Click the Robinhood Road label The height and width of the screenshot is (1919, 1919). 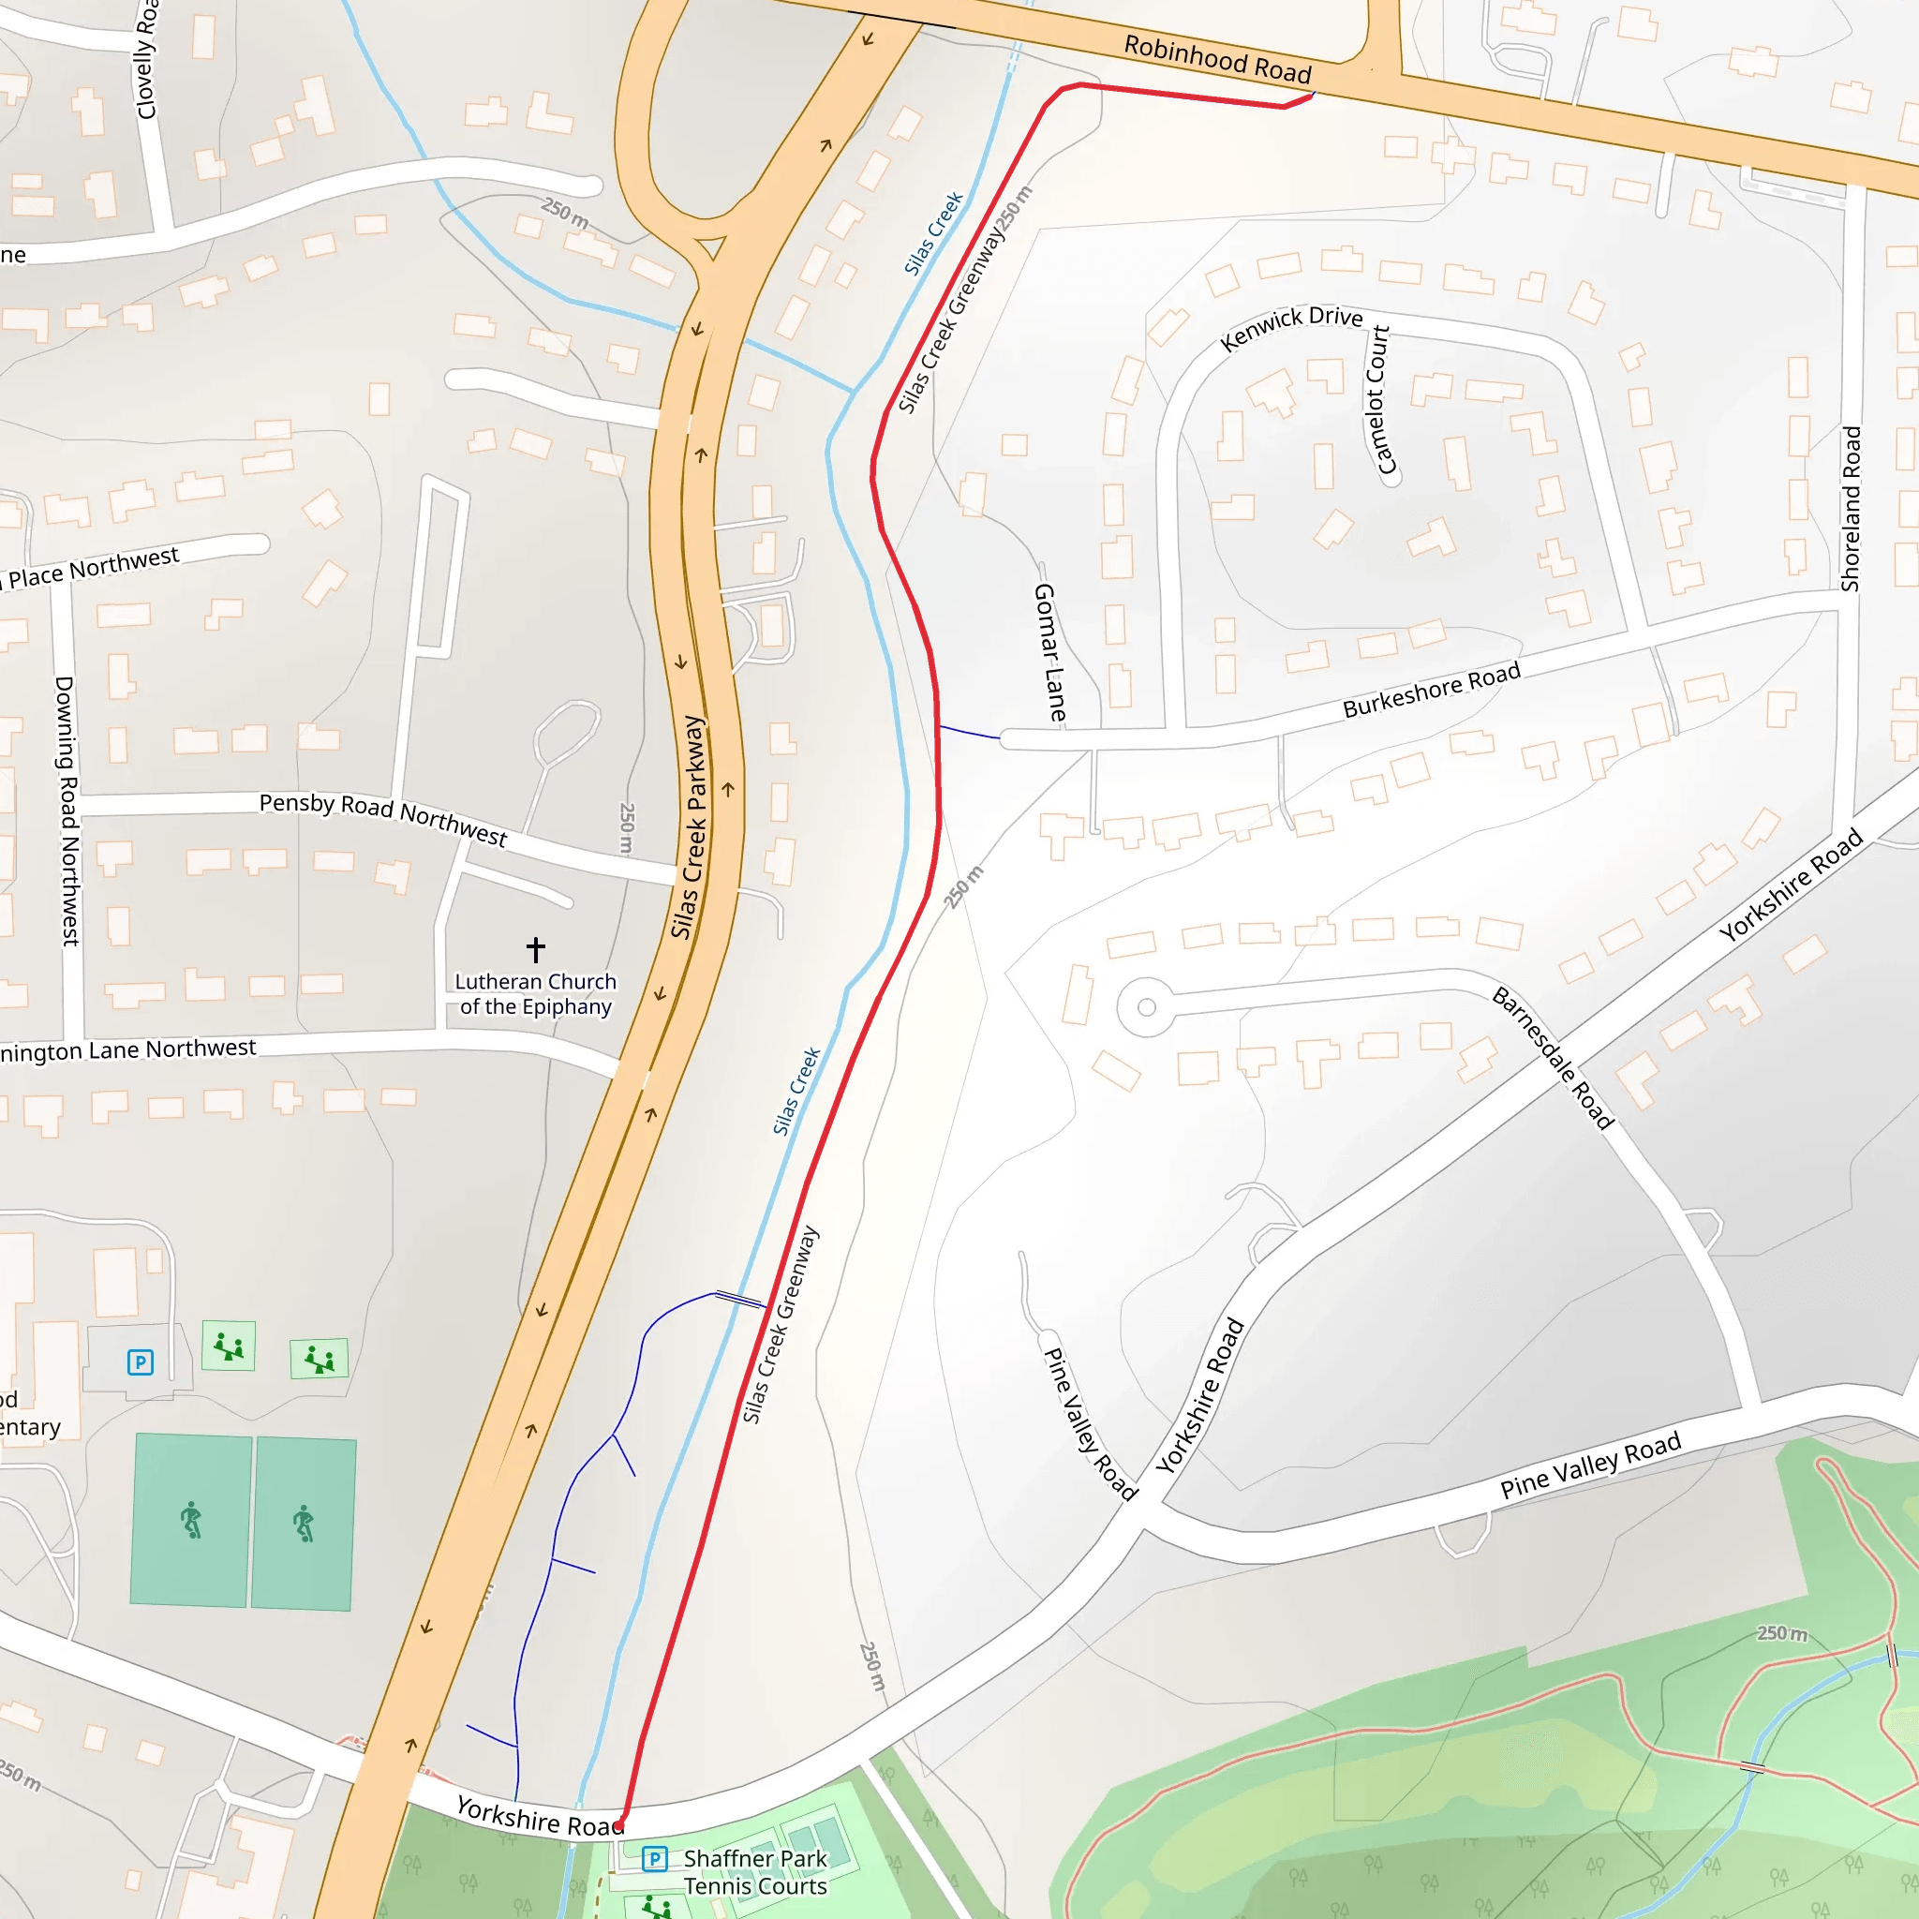tap(1217, 59)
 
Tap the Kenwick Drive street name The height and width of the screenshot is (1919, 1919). tap(1290, 327)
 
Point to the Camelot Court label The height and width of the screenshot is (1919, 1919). tap(1379, 399)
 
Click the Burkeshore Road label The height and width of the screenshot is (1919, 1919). tap(1432, 690)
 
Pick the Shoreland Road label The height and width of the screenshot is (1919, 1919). tap(1851, 509)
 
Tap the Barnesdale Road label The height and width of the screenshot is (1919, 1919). tap(1554, 1058)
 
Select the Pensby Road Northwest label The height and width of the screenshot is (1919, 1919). tap(383, 820)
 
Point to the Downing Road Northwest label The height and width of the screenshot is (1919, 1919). tap(67, 811)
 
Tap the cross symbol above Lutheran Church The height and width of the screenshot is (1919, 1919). tap(535, 948)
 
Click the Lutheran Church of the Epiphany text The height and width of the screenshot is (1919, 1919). tap(535, 993)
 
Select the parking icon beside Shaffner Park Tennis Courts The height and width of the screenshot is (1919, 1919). tap(655, 1858)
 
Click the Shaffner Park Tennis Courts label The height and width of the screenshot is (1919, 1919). tap(755, 1871)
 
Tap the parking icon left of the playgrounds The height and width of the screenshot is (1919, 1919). tap(140, 1361)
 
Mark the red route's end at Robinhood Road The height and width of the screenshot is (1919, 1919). tap(1313, 95)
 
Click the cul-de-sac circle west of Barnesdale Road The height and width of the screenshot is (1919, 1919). tap(1146, 1007)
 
